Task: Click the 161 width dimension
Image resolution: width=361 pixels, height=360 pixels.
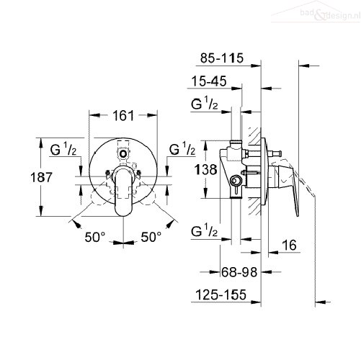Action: [x=123, y=116]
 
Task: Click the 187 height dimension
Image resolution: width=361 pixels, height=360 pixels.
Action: [x=41, y=178]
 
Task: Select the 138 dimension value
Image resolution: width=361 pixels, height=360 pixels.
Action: [x=206, y=169]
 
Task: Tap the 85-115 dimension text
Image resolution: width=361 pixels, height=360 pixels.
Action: [x=222, y=58]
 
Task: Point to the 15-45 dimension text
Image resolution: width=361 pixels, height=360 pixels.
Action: [x=209, y=81]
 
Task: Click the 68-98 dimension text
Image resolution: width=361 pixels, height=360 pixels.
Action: [x=239, y=272]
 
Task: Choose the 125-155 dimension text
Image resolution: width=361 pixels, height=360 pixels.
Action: [x=221, y=294]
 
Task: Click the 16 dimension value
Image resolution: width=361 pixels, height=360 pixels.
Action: [x=289, y=246]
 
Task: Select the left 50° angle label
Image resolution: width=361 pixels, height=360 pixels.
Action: [x=95, y=237]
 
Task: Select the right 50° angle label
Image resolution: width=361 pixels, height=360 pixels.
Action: [x=151, y=237]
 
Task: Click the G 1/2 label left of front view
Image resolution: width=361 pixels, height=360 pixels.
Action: [x=63, y=149]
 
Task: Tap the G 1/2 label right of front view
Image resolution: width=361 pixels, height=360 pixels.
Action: [x=182, y=149]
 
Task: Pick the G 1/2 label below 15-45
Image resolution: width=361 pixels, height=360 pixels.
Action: [x=205, y=103]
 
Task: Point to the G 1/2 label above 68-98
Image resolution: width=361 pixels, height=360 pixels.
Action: [x=205, y=230]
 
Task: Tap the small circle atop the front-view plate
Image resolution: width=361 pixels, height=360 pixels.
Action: [x=123, y=153]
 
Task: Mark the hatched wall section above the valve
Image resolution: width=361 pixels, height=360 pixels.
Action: [x=254, y=136]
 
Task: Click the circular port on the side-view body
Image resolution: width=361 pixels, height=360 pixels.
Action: [x=235, y=181]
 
